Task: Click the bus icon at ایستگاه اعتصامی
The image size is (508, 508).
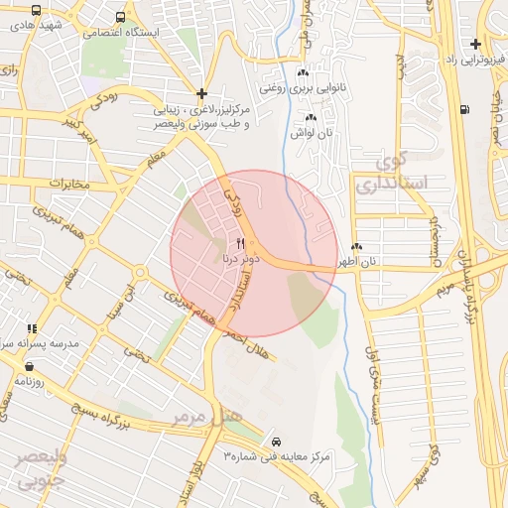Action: pos(120,17)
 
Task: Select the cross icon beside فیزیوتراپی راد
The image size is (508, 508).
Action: pos(476,43)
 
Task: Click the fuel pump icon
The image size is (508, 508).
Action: pos(464,109)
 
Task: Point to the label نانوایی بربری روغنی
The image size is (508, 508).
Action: pos(301,87)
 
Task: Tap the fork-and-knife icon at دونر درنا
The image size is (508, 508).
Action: pos(239,243)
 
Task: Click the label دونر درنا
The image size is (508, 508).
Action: pos(239,258)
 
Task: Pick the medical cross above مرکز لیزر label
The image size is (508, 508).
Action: pos(201,92)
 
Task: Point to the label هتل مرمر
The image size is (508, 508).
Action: pos(206,418)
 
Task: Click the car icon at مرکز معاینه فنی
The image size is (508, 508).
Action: pos(275,439)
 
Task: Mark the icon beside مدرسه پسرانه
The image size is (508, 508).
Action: pos(32,328)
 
